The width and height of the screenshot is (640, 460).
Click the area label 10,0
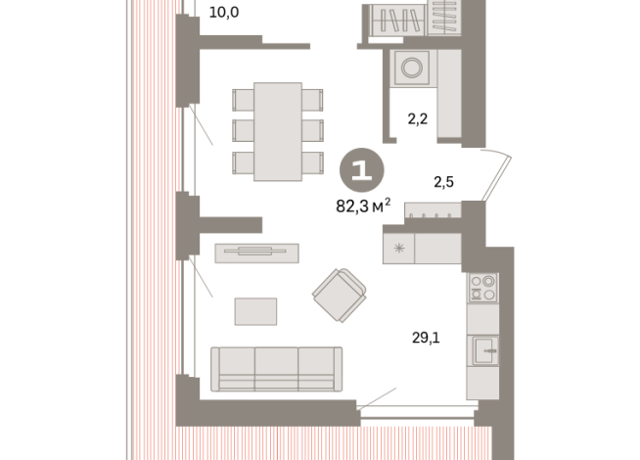(x=225, y=13)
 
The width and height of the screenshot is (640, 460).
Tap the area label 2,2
(x=420, y=119)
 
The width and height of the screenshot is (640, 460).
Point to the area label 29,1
(x=426, y=339)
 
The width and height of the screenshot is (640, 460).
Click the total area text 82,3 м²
(x=363, y=206)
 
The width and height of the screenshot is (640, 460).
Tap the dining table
(x=277, y=131)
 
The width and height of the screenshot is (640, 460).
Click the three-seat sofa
(x=277, y=368)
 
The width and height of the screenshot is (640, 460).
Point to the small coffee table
(x=255, y=310)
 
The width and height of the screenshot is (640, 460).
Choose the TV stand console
(x=256, y=253)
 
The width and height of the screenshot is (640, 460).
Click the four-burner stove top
(x=483, y=288)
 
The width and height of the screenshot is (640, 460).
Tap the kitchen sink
(x=483, y=348)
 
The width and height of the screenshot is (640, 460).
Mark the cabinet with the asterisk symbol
(x=398, y=249)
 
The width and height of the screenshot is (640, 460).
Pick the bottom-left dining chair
(x=242, y=161)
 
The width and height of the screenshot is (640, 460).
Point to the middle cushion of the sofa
(x=277, y=368)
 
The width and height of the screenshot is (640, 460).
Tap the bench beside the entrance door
(x=434, y=209)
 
